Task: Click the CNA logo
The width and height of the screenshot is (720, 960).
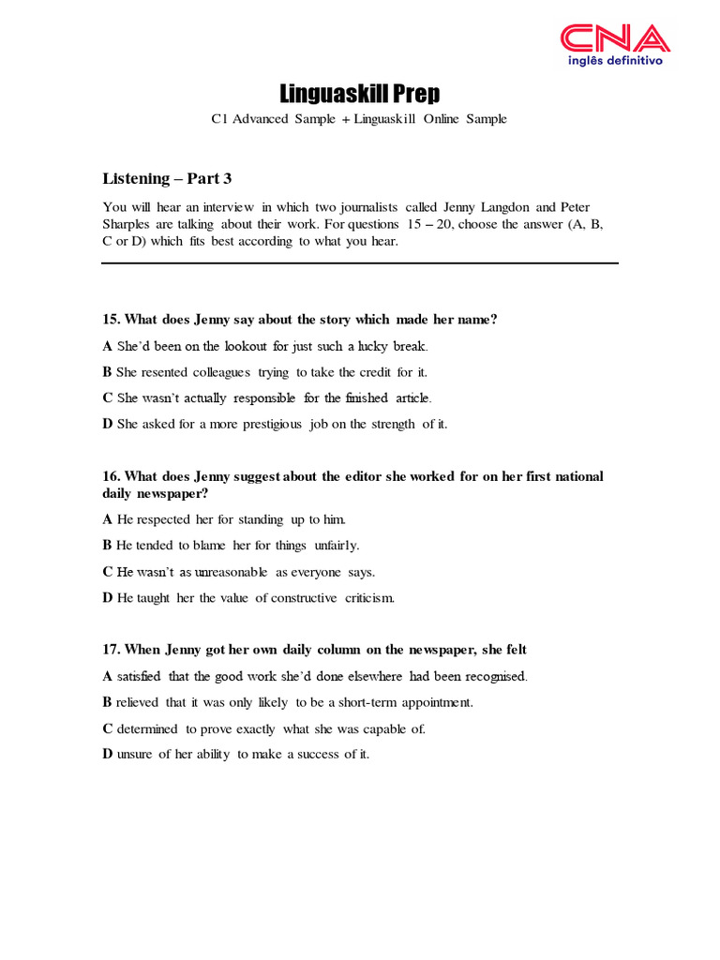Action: coord(615,38)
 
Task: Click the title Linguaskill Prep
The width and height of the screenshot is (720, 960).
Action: coord(360,94)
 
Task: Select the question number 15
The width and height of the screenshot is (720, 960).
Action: coord(111,320)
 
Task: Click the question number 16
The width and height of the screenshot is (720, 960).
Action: coord(111,476)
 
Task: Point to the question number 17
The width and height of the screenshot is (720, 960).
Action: coord(111,650)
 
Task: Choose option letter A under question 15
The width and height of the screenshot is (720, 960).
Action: coord(107,346)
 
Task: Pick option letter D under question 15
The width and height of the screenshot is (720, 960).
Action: coord(107,425)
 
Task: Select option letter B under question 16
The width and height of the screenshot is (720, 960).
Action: coord(107,546)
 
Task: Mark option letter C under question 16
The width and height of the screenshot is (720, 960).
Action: coord(107,572)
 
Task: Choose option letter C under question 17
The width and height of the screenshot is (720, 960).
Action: coord(107,728)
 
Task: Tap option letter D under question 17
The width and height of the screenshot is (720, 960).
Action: coord(107,755)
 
